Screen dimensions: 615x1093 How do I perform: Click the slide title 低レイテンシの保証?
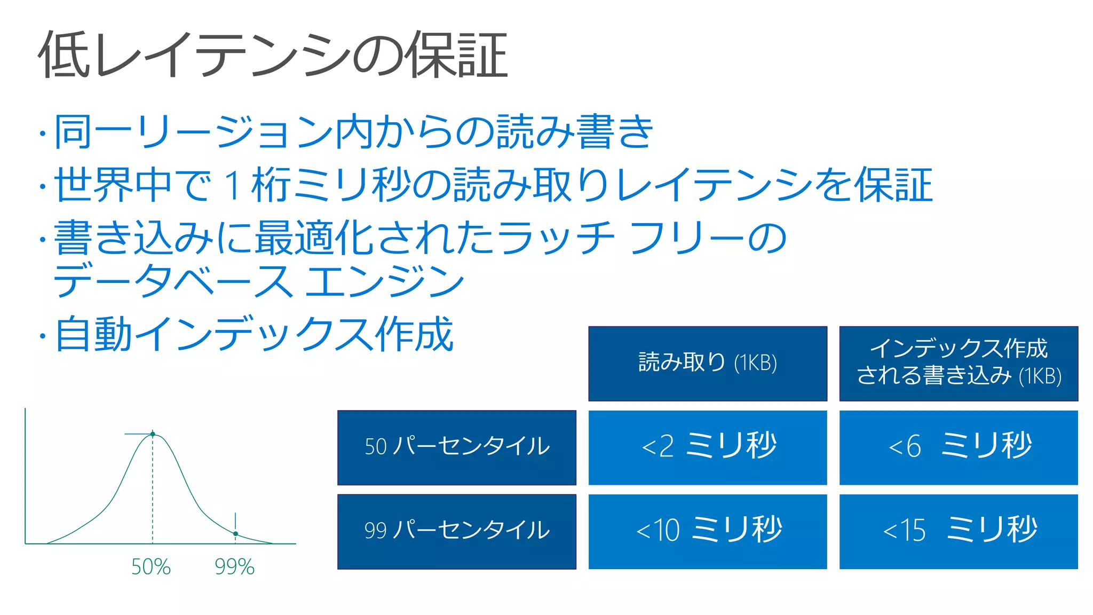coord(272,55)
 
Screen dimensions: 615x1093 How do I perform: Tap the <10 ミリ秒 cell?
coord(708,531)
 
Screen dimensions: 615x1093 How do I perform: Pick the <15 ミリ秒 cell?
coord(959,531)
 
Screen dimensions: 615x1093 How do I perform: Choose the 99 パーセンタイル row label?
coord(457,531)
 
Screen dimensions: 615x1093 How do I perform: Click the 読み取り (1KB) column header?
coord(708,363)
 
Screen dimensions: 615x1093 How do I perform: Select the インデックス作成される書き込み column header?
coord(959,363)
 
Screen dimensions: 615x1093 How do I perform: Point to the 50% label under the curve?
coord(151,567)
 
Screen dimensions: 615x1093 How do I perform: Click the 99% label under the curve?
coord(234,567)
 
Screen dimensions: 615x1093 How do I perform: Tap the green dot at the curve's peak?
coord(153,434)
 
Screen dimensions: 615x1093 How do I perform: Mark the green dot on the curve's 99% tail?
coord(235,533)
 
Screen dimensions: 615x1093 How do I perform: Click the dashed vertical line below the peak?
coord(153,491)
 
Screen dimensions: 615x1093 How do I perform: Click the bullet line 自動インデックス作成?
coord(254,335)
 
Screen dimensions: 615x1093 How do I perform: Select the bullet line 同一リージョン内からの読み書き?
coord(353,132)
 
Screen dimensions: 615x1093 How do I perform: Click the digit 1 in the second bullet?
coord(233,185)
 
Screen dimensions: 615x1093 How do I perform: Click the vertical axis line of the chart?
coord(25,475)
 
